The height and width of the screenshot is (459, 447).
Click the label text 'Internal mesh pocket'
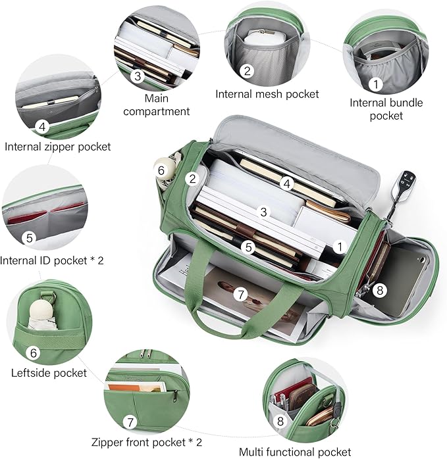[267, 94]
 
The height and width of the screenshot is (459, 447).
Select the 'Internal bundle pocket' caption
[386, 109]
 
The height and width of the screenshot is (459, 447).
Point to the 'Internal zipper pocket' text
[58, 147]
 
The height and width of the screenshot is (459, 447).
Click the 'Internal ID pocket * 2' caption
[52, 260]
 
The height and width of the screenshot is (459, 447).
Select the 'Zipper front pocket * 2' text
[146, 442]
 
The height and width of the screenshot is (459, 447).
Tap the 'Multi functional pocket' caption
[295, 452]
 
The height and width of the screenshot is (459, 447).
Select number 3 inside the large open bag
[263, 212]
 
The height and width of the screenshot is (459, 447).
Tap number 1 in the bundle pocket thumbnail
[375, 84]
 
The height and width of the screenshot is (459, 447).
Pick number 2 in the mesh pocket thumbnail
[247, 71]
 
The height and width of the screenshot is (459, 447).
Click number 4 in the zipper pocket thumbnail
[41, 126]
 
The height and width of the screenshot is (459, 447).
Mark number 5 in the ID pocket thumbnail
[28, 238]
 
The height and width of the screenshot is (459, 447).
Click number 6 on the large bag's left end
[161, 170]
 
